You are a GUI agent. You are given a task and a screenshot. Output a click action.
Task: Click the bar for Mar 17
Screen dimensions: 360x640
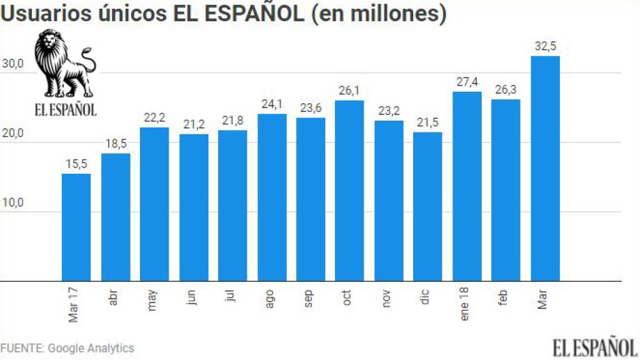[x=76, y=227]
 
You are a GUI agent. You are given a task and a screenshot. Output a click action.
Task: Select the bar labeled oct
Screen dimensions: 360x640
[x=349, y=191]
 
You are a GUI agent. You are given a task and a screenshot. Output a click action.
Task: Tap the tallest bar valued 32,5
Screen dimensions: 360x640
[x=545, y=169]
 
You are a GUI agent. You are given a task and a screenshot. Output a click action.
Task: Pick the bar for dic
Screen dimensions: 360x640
[x=427, y=207]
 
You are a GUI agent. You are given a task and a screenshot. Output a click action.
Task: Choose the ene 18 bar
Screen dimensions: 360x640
[x=467, y=186]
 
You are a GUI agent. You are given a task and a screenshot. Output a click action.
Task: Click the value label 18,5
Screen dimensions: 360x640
[x=115, y=144]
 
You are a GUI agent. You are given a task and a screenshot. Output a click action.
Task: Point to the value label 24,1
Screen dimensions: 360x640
[x=272, y=104]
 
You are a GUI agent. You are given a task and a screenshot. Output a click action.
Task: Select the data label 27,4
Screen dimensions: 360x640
[x=467, y=82]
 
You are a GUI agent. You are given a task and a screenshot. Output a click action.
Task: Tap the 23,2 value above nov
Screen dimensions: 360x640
[x=389, y=111]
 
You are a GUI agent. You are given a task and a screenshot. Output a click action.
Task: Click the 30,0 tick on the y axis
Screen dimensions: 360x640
[x=12, y=64]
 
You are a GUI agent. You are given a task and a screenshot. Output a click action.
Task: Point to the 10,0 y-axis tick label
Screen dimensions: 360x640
[x=12, y=204]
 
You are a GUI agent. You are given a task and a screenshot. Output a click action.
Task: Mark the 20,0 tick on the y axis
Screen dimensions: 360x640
[x=12, y=134]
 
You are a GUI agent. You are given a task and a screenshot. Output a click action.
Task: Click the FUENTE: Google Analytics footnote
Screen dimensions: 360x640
[x=67, y=348]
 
